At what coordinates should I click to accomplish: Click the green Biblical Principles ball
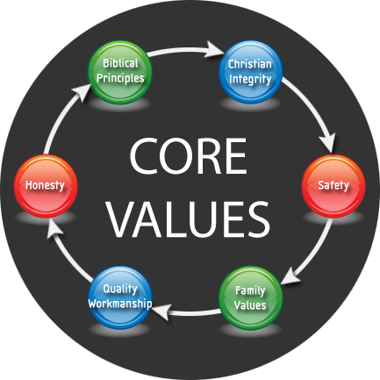[120, 72]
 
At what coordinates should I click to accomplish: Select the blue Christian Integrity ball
[250, 72]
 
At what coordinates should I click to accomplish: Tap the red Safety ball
[333, 186]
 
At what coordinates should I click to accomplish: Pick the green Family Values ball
[250, 298]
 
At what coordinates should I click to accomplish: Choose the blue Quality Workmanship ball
[120, 298]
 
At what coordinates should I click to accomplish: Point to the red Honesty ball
[46, 186]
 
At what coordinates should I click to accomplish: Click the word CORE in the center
[188, 156]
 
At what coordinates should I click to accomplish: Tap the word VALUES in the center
[188, 219]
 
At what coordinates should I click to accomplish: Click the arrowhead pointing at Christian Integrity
[215, 48]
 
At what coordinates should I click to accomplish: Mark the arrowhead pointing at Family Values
[292, 276]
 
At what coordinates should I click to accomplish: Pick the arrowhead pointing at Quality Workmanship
[161, 312]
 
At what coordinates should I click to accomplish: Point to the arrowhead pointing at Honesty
[54, 229]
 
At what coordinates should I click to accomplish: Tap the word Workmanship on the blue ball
[120, 304]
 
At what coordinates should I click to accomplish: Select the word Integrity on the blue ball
[250, 80]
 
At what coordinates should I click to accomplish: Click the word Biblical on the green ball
[120, 63]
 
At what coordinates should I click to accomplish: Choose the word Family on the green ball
[250, 290]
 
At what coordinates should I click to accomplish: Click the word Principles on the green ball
[120, 78]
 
